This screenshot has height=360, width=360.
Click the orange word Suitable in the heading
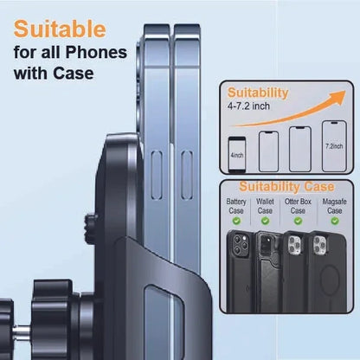pos(60,29)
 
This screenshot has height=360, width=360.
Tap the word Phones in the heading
pos(96,52)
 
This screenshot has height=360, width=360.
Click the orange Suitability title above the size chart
pos(258,93)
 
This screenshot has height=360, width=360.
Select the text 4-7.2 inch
pos(248,106)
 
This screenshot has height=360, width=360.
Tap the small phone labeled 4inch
pos(237,155)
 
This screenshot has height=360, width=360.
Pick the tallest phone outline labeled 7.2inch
pos(334,146)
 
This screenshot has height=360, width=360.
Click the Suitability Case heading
pos(286,187)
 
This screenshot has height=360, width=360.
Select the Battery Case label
pos(236,206)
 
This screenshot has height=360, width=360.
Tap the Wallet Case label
pos(265,206)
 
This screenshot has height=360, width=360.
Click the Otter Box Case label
pos(298,206)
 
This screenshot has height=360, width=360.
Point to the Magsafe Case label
pos(334,206)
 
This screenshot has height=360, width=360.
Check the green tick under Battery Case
pos(236,222)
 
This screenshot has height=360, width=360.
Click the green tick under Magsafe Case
pos(335,222)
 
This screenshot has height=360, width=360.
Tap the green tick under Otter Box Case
pos(298,222)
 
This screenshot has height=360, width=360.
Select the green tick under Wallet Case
pos(265,222)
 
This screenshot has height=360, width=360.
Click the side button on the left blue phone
pos(157,175)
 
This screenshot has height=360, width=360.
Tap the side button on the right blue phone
pos(187,175)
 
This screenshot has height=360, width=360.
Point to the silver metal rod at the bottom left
pos(22,333)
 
